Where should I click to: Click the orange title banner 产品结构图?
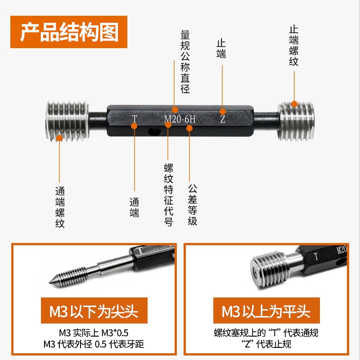tap(69, 32)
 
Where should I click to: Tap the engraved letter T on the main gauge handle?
tap(135, 119)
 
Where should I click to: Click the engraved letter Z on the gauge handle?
tap(223, 119)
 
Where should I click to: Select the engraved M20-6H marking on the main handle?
tap(180, 119)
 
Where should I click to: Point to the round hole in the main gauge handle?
tap(154, 131)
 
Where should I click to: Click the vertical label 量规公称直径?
tap(185, 62)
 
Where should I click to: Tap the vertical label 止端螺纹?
tap(294, 46)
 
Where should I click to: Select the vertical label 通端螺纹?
tap(60, 207)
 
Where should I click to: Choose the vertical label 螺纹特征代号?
tap(168, 195)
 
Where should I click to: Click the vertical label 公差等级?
tap(193, 205)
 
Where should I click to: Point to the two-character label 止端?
tap(221, 49)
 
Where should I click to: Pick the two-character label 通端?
tap(134, 207)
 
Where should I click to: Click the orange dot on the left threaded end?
tap(59, 138)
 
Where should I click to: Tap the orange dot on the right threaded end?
tap(294, 104)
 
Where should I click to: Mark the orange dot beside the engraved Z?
tap(222, 112)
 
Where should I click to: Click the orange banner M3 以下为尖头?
tap(94, 310)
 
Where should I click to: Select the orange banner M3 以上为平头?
tap(266, 310)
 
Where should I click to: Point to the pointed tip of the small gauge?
tap(49, 283)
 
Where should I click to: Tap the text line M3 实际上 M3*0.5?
tap(94, 333)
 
